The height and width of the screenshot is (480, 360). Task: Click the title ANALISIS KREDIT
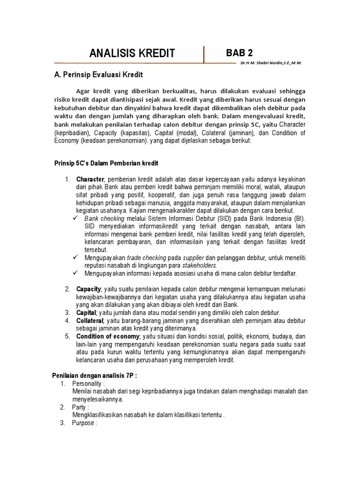click(x=132, y=53)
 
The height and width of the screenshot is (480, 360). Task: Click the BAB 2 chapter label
click(x=240, y=52)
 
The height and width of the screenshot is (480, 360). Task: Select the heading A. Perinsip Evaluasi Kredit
click(x=99, y=75)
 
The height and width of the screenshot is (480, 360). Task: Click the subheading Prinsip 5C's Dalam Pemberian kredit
click(x=107, y=163)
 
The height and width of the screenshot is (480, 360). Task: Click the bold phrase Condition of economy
click(x=108, y=337)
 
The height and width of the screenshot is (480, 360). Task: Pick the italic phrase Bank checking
click(x=105, y=218)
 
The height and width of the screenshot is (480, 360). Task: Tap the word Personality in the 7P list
click(x=88, y=383)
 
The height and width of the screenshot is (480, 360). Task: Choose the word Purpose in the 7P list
click(x=84, y=423)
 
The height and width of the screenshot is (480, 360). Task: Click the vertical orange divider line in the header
click(x=204, y=55)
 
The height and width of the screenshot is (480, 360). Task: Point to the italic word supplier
click(x=193, y=258)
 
